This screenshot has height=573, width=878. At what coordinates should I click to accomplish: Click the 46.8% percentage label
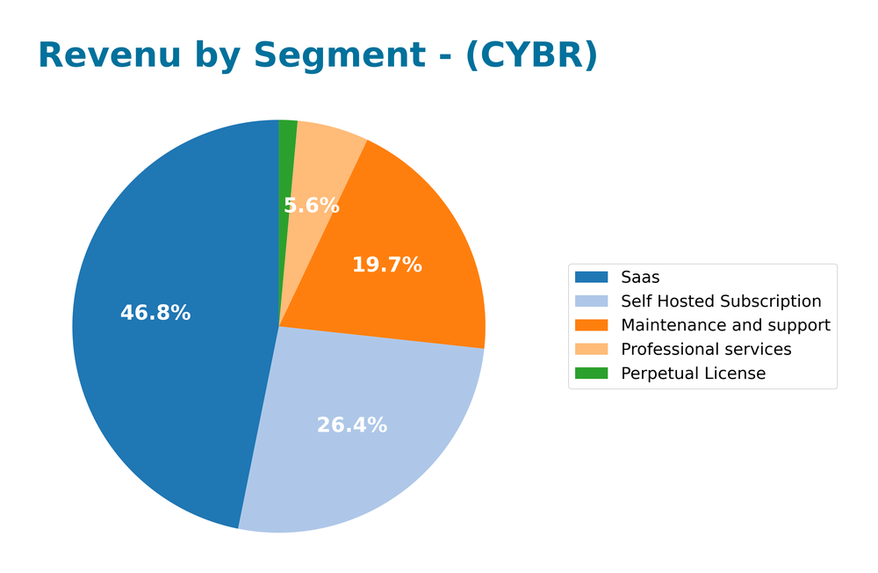pos(155,313)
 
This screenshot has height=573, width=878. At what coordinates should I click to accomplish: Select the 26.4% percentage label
pos(351,425)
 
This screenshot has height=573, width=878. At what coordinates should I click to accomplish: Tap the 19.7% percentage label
pos(387,265)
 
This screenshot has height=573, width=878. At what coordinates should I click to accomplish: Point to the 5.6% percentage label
pos(311,206)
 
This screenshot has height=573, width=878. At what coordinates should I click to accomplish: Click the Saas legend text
pos(640,278)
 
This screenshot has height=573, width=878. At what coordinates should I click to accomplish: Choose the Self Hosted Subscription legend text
pos(721,301)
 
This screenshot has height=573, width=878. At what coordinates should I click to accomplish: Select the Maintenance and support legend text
pos(725,325)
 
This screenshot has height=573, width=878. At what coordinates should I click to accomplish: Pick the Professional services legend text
pos(706,350)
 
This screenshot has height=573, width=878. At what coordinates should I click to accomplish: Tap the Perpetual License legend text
pos(693,374)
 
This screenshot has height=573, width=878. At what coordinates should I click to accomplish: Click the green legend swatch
pos(591,374)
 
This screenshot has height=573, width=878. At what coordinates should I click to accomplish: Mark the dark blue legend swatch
pos(591,278)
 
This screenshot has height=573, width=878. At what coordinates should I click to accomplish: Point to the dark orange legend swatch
pos(591,325)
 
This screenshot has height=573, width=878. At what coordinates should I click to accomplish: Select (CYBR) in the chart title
pos(531,55)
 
